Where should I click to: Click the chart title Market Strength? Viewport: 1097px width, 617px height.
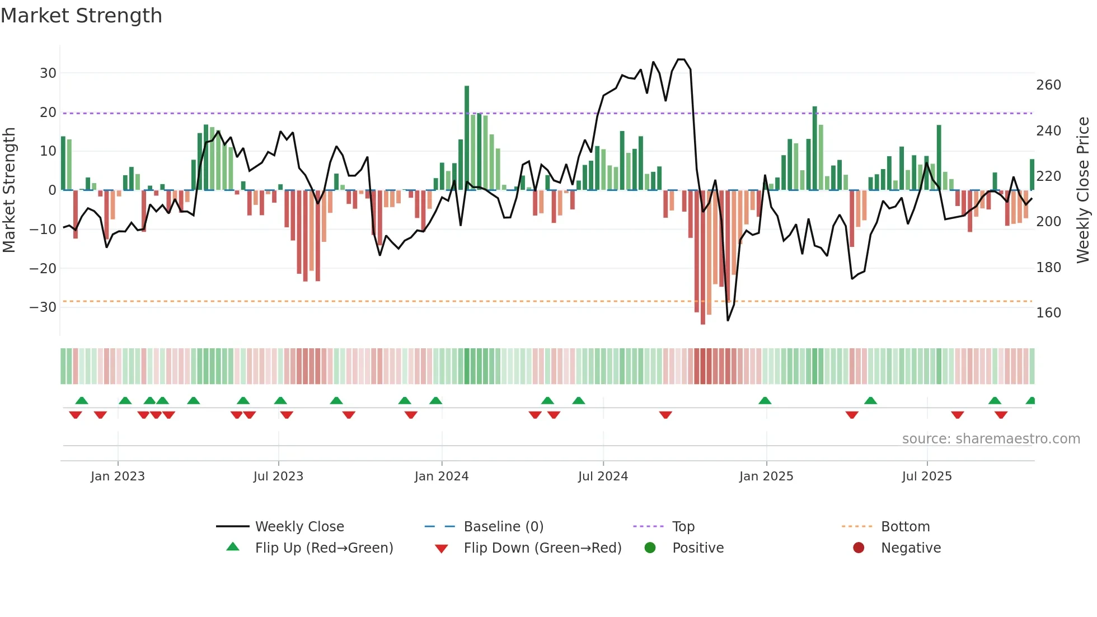(81, 16)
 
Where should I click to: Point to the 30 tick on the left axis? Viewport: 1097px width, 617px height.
(48, 73)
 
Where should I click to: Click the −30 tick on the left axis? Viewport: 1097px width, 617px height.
(43, 307)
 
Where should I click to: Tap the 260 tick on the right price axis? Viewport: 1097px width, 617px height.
(1048, 85)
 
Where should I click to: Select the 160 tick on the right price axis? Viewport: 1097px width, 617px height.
(1048, 313)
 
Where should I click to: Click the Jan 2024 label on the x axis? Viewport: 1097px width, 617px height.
(442, 476)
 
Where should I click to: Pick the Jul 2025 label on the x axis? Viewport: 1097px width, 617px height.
(927, 476)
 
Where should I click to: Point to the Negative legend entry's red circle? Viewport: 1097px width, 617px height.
(859, 548)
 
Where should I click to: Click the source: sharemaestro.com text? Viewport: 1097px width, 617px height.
(991, 439)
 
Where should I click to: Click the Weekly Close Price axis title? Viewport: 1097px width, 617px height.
(1084, 190)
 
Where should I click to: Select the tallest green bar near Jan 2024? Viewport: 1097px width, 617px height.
(467, 137)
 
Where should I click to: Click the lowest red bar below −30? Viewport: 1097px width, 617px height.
(703, 258)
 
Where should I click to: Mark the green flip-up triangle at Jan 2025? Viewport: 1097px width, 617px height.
(765, 401)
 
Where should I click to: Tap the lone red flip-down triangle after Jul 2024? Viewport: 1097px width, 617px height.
(665, 415)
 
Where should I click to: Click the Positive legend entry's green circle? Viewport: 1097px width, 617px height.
(650, 548)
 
